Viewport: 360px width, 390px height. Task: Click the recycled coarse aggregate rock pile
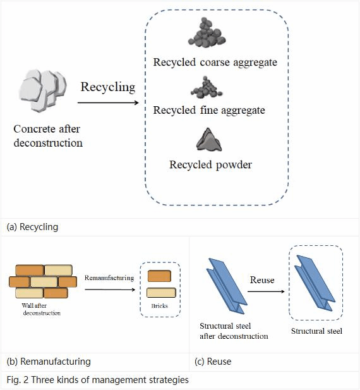point(207,33)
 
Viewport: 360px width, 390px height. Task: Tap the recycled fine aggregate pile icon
point(207,88)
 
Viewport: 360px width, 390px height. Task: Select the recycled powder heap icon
point(208,140)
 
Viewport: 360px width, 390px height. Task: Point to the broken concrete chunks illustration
point(43,90)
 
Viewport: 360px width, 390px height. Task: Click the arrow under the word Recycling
point(108,102)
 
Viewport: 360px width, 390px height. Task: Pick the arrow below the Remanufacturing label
point(110,289)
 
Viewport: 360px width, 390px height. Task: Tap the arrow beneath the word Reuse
point(266,291)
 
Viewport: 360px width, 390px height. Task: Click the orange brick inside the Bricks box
point(159,276)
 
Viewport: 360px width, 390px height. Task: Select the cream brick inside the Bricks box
point(161,293)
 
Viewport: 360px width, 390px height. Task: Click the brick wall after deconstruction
point(43,281)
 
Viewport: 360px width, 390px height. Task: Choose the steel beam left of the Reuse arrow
point(226,286)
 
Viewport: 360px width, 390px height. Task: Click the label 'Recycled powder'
point(211,164)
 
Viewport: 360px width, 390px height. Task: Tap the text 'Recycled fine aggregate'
point(209,110)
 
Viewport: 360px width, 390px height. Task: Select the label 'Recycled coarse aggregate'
point(215,62)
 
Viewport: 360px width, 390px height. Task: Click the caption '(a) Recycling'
point(33,227)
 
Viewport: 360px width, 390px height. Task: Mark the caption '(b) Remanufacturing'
point(49,362)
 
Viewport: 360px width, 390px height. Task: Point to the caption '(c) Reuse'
point(213,362)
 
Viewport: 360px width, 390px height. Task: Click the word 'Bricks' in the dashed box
point(160,306)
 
